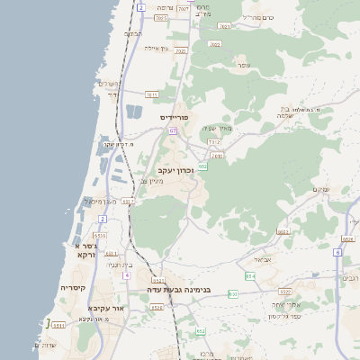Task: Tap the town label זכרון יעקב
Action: coord(175,169)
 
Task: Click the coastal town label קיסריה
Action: coord(73,287)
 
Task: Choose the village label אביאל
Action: coord(262,259)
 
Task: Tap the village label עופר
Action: coord(244,66)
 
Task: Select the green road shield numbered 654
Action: coord(250,275)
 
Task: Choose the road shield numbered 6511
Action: coord(58,337)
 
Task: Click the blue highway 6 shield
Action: coord(337,253)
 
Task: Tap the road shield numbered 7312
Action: coord(213,141)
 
